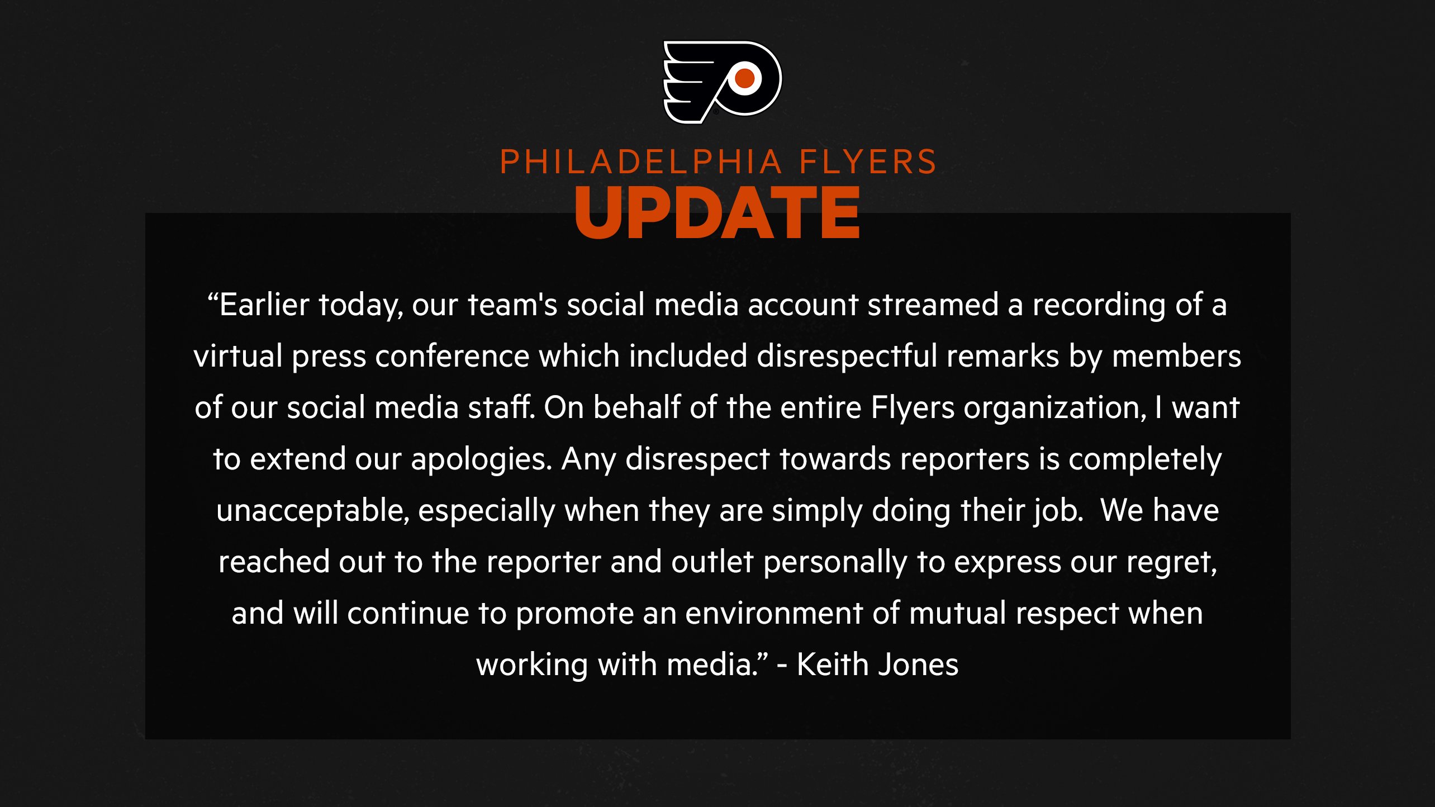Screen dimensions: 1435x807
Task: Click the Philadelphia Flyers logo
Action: [722, 82]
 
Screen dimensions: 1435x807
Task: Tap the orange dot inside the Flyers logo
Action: [745, 79]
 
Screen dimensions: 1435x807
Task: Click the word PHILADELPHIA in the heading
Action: [642, 162]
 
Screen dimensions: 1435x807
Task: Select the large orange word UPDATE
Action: [717, 212]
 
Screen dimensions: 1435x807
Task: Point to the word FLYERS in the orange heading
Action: [868, 162]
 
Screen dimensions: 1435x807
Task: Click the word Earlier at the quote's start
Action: [264, 305]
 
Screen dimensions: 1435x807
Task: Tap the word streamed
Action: [933, 305]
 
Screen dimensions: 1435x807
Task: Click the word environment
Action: [774, 614]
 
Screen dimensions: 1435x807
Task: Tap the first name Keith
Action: [831, 665]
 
